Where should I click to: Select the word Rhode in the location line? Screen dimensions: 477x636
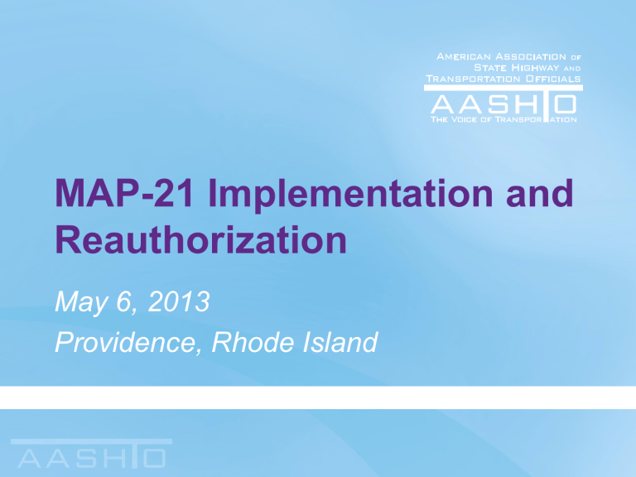pyautogui.click(x=248, y=340)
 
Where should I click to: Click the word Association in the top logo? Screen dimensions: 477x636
pyautogui.click(x=530, y=55)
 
